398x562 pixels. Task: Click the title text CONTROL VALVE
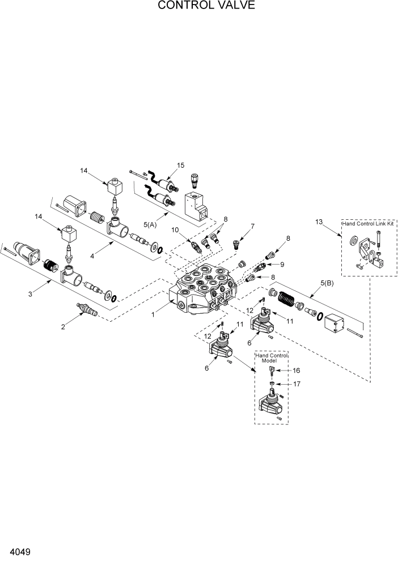[198, 6]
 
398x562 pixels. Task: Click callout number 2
[63, 326]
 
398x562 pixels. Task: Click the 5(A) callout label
[150, 224]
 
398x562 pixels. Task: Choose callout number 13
[319, 222]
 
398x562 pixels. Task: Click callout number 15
[180, 165]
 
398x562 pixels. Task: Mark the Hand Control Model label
[272, 357]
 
